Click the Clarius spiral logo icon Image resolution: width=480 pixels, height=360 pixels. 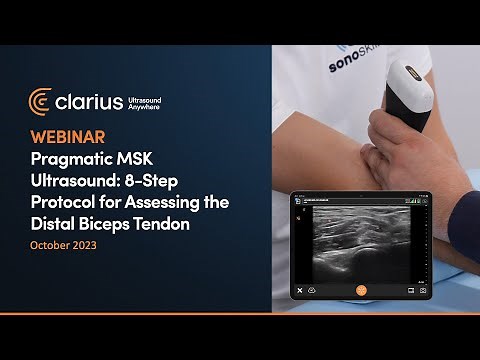point(41,102)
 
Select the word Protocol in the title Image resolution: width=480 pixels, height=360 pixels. point(67,203)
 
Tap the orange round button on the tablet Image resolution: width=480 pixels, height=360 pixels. point(361,290)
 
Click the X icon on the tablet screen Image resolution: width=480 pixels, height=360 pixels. point(298,290)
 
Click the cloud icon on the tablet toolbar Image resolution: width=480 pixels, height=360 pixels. point(313,290)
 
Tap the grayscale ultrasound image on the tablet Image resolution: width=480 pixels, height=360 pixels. point(360,240)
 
